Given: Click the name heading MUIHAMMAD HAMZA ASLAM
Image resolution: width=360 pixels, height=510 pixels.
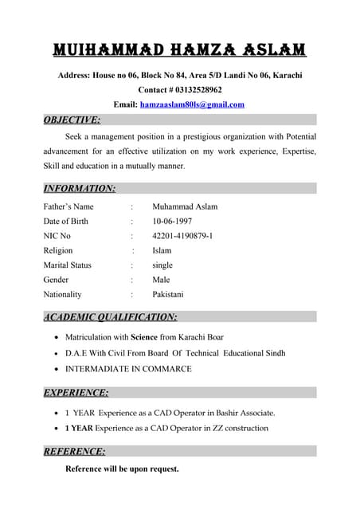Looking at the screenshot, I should coord(179,50).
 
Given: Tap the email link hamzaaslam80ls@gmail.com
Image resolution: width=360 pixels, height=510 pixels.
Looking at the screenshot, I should coord(192,104).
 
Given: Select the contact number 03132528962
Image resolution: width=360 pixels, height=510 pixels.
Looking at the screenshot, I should coord(194,90).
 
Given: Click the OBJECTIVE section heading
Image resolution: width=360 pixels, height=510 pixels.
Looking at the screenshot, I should coord(72,120).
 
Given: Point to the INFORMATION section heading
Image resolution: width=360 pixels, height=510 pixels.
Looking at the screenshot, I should coord(79,189).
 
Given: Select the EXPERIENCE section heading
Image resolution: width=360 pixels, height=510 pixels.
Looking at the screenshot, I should coord(76,392).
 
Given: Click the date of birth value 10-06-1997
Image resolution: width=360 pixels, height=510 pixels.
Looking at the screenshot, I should coord(172,222).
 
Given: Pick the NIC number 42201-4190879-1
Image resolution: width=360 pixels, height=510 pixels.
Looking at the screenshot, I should coord(182,236).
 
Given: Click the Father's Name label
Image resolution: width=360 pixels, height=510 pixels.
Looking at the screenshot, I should coord(68,206).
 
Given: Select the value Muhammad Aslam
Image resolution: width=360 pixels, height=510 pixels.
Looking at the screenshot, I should coord(185,206).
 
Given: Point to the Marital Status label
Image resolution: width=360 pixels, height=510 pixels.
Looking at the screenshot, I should coord(68,265).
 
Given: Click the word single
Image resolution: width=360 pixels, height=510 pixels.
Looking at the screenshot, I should coord(162,265).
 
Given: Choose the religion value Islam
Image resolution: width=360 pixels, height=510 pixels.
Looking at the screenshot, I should coord(162,250).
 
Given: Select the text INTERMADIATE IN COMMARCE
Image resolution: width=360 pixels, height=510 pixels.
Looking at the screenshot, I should coord(128,369).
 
